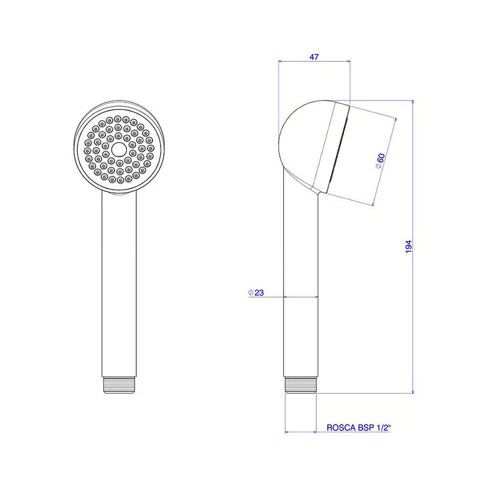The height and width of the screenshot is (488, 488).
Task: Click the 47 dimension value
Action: [314, 57]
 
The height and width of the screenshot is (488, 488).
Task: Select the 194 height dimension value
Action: [408, 246]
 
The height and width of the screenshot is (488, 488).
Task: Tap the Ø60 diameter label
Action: [380, 161]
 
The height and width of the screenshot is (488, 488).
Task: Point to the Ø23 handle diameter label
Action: [256, 292]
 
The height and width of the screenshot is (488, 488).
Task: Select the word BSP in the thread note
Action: [366, 427]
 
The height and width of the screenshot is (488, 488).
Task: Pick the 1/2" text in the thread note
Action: [384, 427]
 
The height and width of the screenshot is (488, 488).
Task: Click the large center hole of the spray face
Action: [118, 149]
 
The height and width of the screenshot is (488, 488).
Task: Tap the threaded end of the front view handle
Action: [119, 386]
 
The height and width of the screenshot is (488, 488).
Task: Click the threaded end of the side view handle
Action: [301, 386]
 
